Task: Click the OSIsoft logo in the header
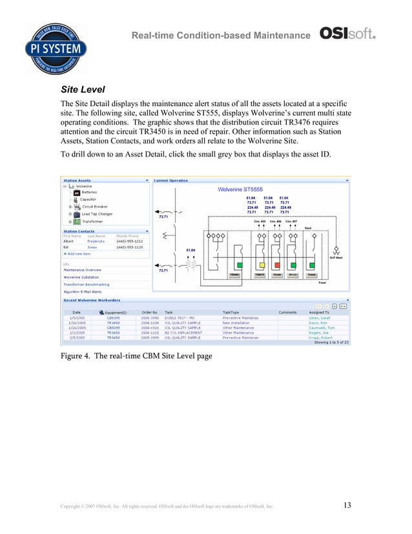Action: [348, 34]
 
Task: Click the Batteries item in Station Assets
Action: [89, 192]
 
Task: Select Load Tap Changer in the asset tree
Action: [97, 214]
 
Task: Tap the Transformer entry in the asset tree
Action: [92, 222]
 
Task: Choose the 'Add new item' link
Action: [79, 253]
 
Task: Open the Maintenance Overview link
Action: [82, 270]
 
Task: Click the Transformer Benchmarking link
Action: [86, 284]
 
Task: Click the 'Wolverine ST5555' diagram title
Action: [239, 189]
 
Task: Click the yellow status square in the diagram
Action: [262, 265]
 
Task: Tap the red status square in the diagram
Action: [278, 265]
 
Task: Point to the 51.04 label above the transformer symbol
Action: [191, 250]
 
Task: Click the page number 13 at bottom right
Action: [347, 505]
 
